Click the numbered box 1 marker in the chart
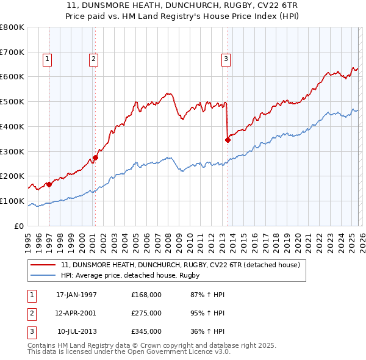click(47, 59)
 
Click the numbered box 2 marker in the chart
click(93, 59)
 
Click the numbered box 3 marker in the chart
click(226, 59)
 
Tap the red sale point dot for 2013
click(228, 140)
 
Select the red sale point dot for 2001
click(95, 157)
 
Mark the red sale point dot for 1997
click(49, 184)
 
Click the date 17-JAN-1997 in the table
click(76, 295)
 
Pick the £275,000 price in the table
click(146, 313)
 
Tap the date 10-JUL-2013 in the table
click(77, 331)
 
